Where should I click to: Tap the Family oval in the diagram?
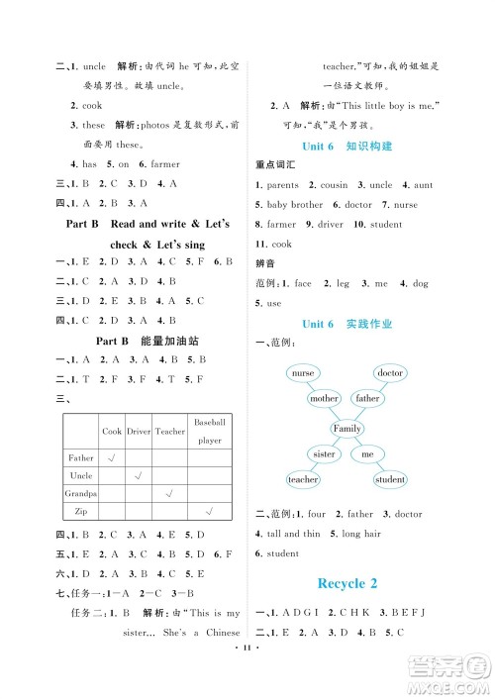click(x=346, y=429)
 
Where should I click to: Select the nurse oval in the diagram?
click(x=303, y=373)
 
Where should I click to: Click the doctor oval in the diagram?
click(x=391, y=373)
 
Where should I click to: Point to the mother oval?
click(x=323, y=399)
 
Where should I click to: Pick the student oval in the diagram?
click(x=390, y=480)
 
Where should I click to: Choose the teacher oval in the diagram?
click(x=303, y=480)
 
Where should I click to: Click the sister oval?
click(x=324, y=454)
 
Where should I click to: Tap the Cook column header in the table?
click(x=112, y=432)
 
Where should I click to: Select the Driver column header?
click(x=139, y=432)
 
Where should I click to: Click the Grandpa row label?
click(x=80, y=493)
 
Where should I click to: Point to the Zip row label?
click(x=80, y=511)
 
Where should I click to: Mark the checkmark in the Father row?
click(x=112, y=458)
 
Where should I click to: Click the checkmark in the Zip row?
click(x=210, y=511)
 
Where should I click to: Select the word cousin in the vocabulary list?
click(x=335, y=185)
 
